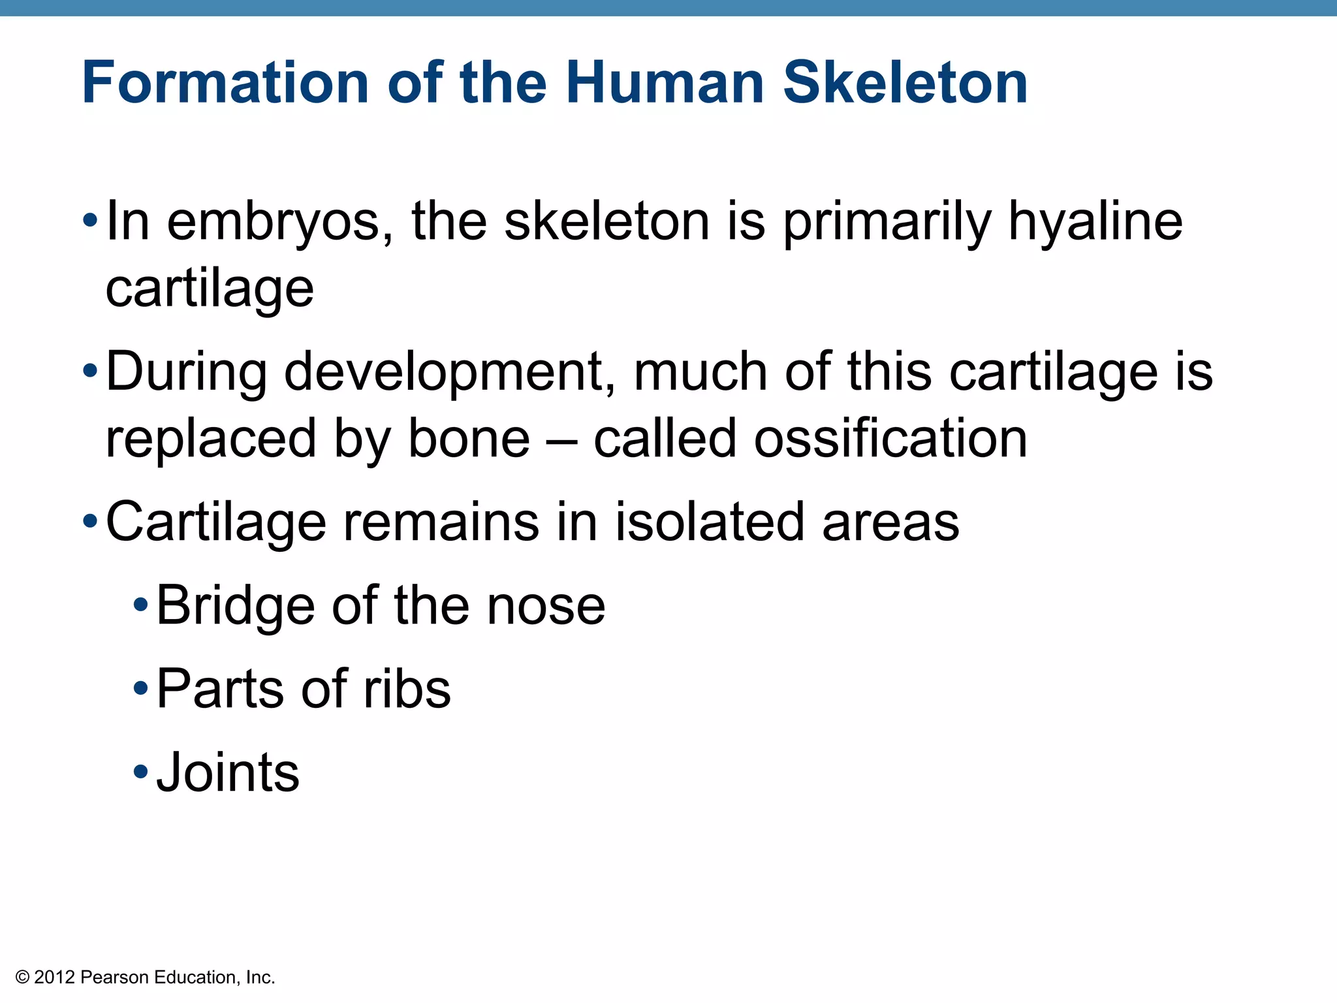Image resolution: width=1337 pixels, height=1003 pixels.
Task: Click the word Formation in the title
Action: coord(225,83)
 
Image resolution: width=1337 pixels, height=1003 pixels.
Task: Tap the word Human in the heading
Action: coord(665,83)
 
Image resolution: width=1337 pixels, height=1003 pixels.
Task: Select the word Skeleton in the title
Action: coord(905,83)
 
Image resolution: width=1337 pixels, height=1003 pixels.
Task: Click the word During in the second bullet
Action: coord(186,372)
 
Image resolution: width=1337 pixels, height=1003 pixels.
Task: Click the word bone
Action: coord(469,439)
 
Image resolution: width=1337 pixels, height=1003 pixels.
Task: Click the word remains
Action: coord(441,522)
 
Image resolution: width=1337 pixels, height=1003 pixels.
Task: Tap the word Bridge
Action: coord(236,607)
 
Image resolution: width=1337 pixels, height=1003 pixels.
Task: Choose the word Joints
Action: coord(228,773)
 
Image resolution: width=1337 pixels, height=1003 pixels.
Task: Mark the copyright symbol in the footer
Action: coord(23,978)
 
